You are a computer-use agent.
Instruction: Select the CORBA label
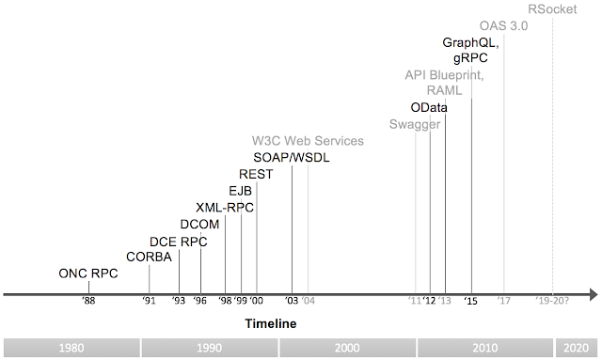(149, 257)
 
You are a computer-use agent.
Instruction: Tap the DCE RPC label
(179, 241)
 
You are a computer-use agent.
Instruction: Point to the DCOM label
(199, 224)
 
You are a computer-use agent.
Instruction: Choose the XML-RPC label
(225, 207)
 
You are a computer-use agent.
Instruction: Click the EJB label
(241, 191)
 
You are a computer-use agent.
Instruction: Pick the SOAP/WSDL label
(292, 157)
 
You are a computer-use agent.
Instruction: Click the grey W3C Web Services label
(307, 141)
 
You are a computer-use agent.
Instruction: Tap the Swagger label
(415, 124)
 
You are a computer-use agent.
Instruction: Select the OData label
(430, 107)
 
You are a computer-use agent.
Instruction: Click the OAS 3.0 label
(503, 25)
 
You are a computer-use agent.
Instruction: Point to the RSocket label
(552, 9)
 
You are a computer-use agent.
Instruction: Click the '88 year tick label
(88, 302)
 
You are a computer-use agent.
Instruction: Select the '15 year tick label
(471, 302)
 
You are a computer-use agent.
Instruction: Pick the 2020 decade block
(578, 347)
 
